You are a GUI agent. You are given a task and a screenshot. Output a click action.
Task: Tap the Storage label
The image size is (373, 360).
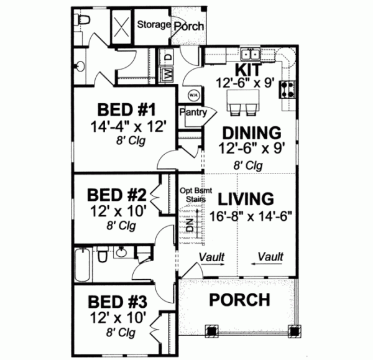(x=154, y=24)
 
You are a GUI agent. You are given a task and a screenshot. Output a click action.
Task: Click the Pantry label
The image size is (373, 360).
(x=192, y=112)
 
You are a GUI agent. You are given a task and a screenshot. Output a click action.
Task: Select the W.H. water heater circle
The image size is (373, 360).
(x=193, y=95)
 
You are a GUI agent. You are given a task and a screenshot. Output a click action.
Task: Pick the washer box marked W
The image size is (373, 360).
(x=167, y=74)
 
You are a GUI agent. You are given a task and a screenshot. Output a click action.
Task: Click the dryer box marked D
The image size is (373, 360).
(x=167, y=57)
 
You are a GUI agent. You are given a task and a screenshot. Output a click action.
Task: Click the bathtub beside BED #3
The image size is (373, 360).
(x=83, y=265)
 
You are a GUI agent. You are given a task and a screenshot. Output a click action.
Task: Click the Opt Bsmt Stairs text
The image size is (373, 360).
(x=192, y=195)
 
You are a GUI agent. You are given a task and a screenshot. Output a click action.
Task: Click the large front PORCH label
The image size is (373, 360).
(x=239, y=300)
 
